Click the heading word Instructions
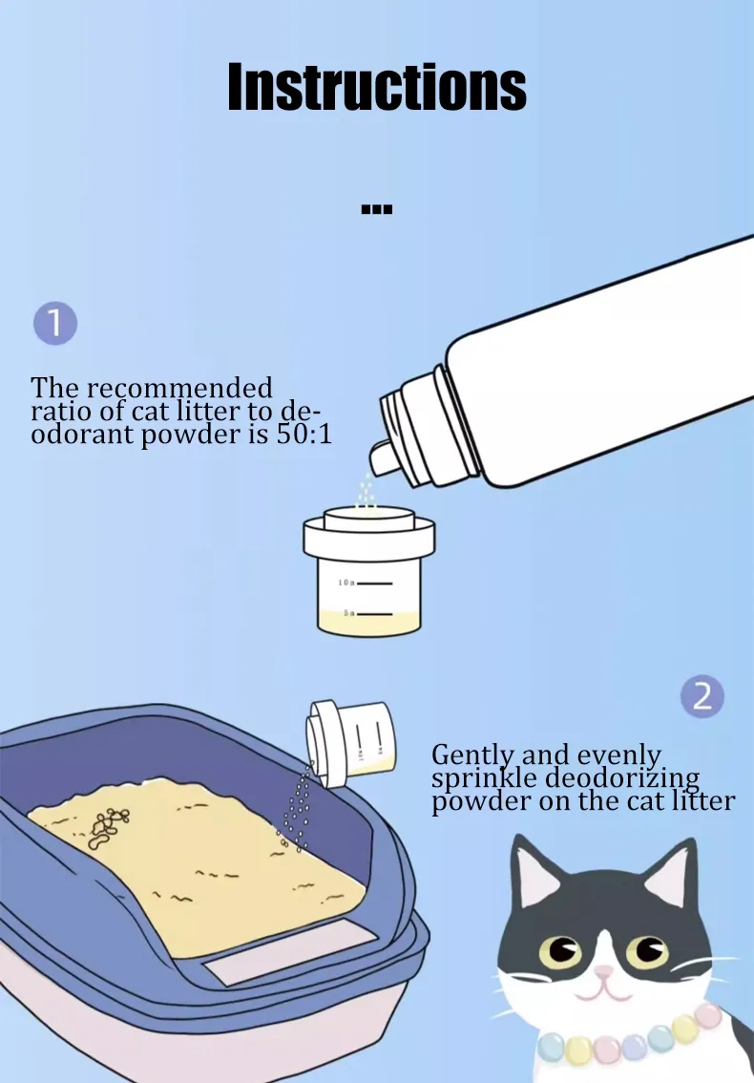coord(377,87)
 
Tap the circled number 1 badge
coord(55,323)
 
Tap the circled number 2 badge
coord(702,696)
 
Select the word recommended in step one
coord(181,388)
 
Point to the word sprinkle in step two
coord(484,778)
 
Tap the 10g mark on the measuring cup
coord(366,583)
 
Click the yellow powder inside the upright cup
coord(368,623)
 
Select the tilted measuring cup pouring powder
coord(351,743)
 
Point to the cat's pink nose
coord(604,973)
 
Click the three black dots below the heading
coord(377,208)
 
